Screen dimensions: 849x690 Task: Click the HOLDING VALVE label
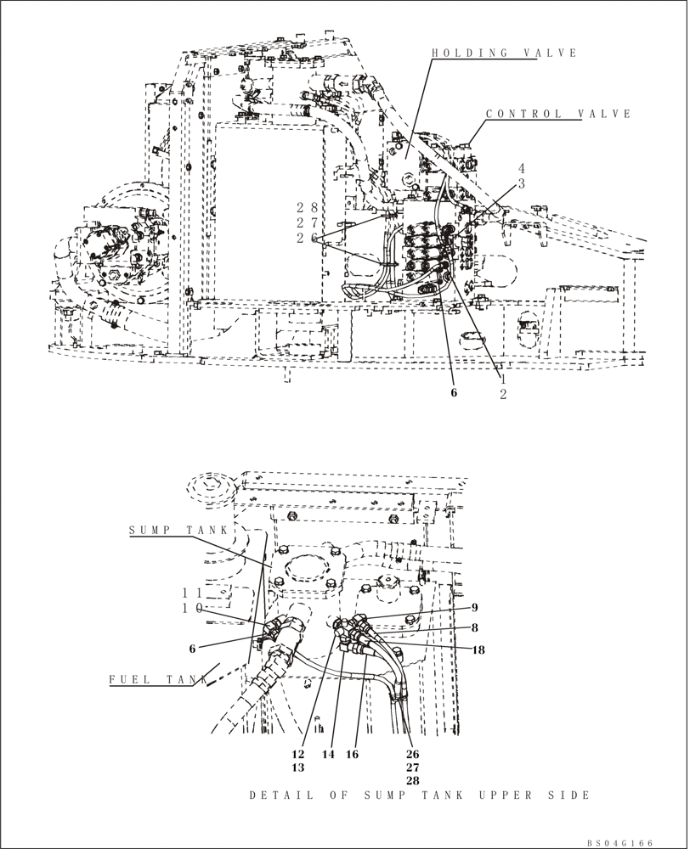tap(504, 53)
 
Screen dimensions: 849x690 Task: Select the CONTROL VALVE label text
tap(558, 114)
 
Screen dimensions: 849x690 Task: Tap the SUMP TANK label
tap(178, 531)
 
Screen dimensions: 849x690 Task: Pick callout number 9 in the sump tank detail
tap(475, 607)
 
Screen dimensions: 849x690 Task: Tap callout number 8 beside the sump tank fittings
tap(475, 628)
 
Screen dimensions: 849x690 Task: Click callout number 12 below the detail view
tap(298, 753)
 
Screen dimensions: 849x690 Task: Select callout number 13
tap(298, 767)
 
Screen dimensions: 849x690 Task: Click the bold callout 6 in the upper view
tap(454, 392)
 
